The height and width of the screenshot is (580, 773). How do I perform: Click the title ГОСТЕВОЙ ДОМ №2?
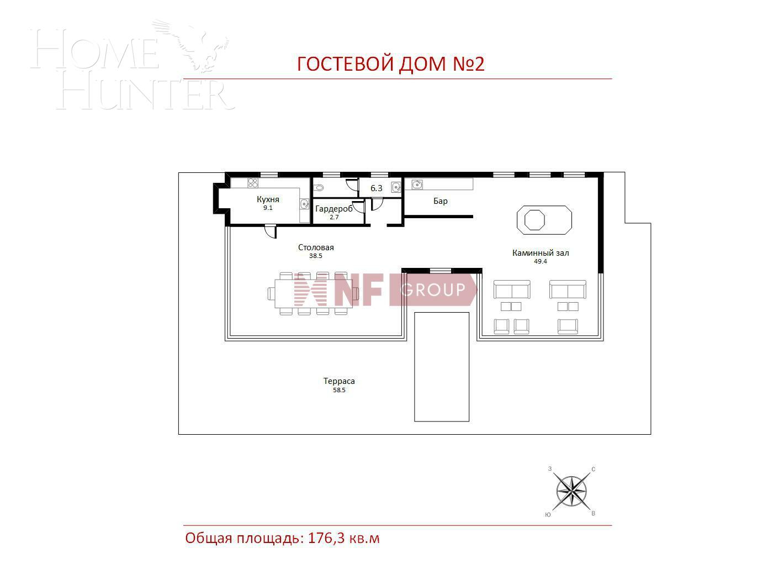tap(390, 64)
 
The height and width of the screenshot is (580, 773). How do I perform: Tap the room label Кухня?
tap(268, 199)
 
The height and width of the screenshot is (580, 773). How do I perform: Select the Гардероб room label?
tap(333, 209)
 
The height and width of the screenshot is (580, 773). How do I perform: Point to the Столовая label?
tap(316, 247)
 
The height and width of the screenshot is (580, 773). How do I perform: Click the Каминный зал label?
tap(540, 253)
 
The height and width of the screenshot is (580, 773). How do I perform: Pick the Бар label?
tap(441, 201)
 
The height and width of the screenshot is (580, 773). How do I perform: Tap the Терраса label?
tap(339, 381)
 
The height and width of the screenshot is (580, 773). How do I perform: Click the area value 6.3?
tap(377, 188)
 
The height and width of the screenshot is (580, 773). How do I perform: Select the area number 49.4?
tap(540, 262)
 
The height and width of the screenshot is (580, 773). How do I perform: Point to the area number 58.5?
tap(339, 390)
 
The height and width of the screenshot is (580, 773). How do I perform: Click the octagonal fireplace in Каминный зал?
tap(534, 219)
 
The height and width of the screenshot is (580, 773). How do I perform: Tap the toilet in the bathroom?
tap(318, 188)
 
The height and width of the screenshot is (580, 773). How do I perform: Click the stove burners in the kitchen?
tap(253, 183)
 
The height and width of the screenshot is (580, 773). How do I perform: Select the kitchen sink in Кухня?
tap(304, 204)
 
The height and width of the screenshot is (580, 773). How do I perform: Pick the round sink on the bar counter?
tap(417, 184)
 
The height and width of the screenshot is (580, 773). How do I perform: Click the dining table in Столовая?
tap(313, 293)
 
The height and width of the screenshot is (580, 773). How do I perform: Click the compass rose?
tap(571, 491)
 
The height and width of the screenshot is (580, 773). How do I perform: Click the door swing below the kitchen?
tap(270, 232)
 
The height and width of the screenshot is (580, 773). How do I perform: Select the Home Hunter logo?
tap(133, 66)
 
